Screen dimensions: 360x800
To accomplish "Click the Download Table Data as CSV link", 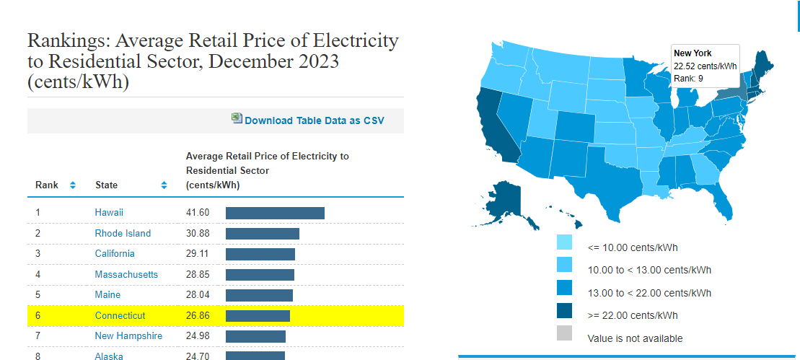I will [x=314, y=120].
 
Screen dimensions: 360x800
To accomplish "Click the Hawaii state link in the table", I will [x=109, y=213].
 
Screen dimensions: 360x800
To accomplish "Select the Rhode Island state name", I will [x=123, y=233].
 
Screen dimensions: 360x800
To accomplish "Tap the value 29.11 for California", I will [x=198, y=254].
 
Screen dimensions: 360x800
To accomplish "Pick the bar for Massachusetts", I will [x=260, y=275].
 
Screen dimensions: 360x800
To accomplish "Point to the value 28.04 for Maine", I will [x=198, y=295].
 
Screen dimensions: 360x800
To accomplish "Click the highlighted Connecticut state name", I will [x=120, y=315].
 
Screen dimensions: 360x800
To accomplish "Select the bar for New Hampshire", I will [x=255, y=336].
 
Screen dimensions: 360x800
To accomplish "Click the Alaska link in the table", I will [x=109, y=356].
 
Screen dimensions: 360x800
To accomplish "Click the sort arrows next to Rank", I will [x=73, y=185].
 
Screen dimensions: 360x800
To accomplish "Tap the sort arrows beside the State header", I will [x=164, y=185].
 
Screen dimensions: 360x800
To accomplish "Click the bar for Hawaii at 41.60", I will [x=275, y=213].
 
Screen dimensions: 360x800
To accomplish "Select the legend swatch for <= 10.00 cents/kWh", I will [x=564, y=242].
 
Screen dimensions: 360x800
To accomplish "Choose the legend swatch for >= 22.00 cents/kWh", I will [x=564, y=311].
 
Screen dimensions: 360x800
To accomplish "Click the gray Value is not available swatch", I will [x=564, y=333].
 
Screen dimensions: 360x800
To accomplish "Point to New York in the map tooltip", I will [x=693, y=53].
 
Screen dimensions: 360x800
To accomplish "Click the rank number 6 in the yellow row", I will [x=38, y=315].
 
